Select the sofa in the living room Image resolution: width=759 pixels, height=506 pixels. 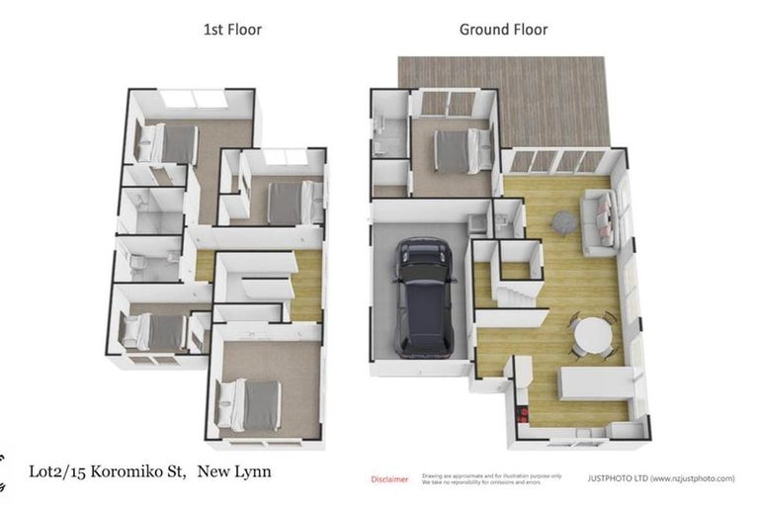[x=600, y=218]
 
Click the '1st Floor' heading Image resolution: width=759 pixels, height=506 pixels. [x=232, y=29]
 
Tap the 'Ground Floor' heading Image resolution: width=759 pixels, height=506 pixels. [x=503, y=29]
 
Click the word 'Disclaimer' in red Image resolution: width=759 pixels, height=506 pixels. [x=389, y=479]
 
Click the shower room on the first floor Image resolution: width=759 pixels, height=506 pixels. [x=151, y=211]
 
